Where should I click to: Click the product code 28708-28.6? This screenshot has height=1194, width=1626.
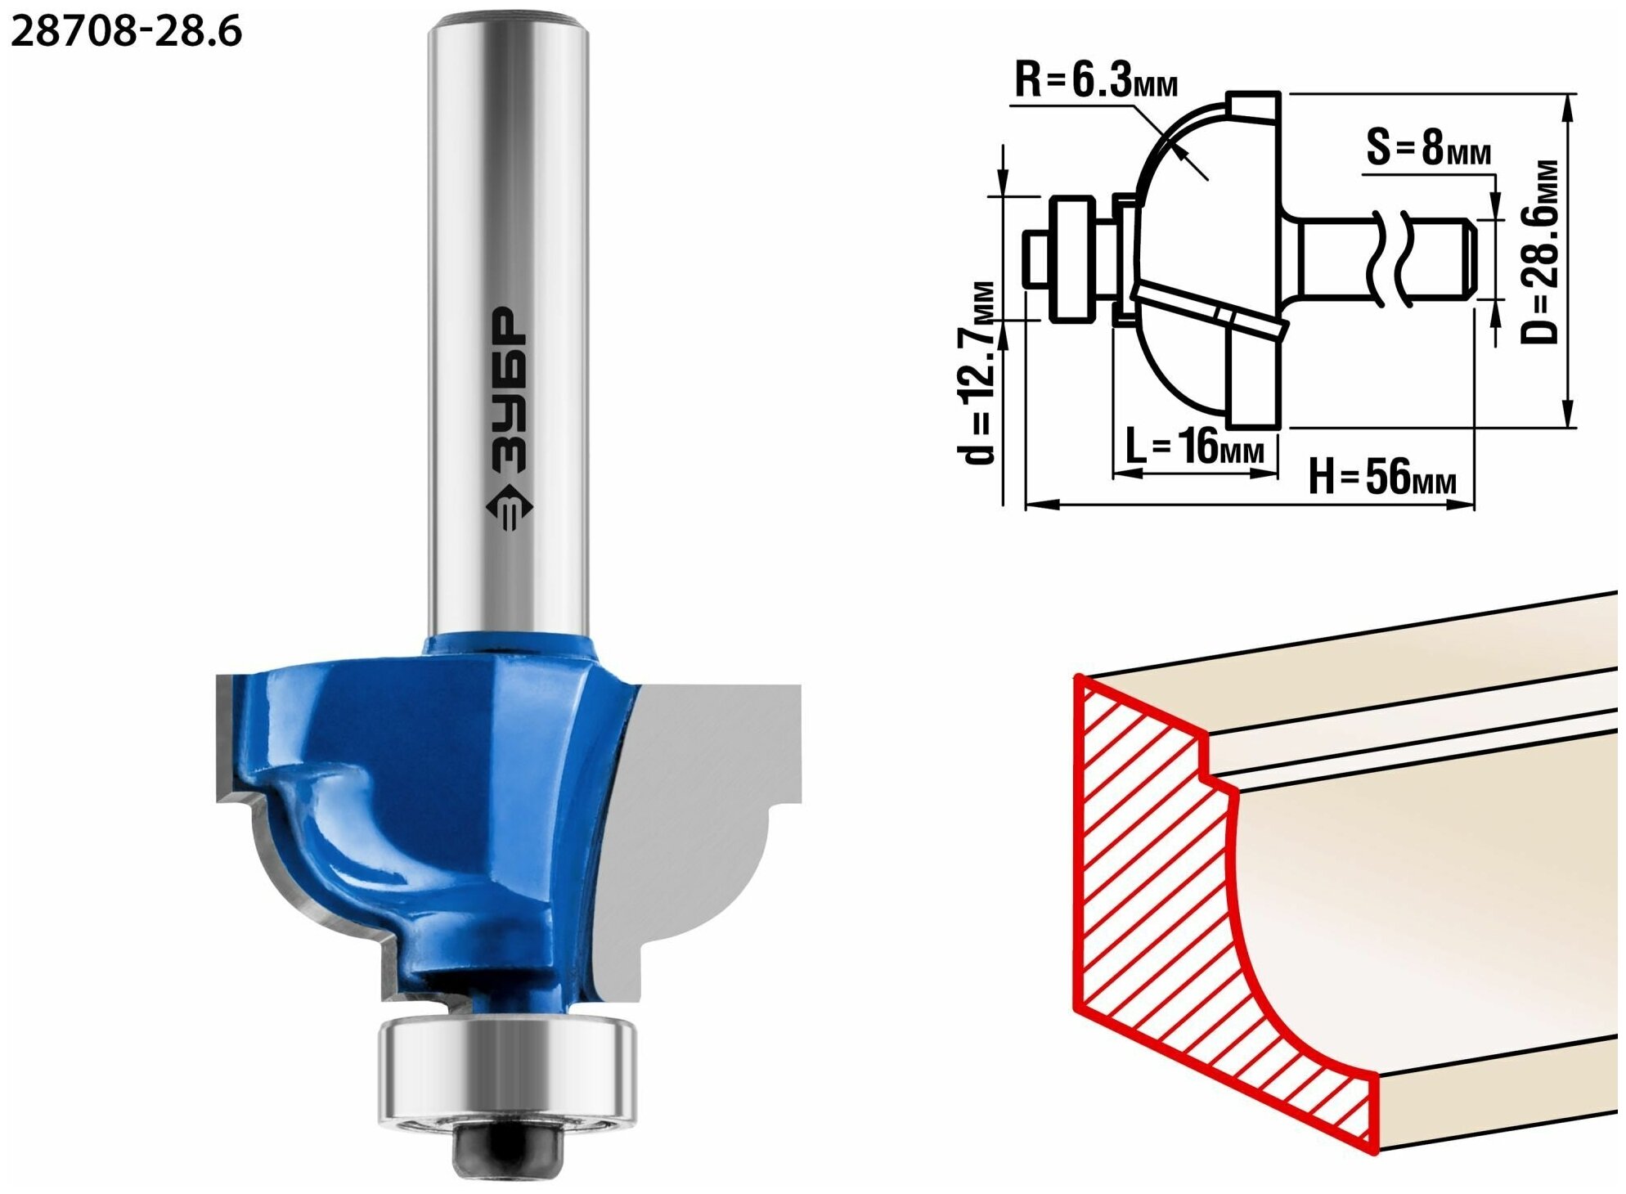tap(127, 32)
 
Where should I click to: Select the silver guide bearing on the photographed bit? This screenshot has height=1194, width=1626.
tap(507, 1072)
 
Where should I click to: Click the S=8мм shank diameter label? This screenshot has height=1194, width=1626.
tap(1428, 148)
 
